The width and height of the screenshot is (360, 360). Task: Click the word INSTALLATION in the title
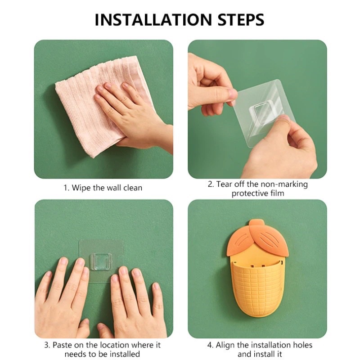click(153, 20)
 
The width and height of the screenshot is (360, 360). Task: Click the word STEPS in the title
click(241, 20)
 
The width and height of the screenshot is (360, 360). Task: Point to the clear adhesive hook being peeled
click(264, 112)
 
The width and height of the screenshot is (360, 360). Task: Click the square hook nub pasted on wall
click(101, 261)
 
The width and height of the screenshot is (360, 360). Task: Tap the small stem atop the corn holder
click(256, 223)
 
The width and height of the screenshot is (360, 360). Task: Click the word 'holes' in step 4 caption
click(302, 345)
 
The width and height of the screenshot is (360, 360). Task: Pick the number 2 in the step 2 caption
click(210, 184)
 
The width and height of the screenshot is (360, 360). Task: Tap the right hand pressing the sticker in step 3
click(135, 303)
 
